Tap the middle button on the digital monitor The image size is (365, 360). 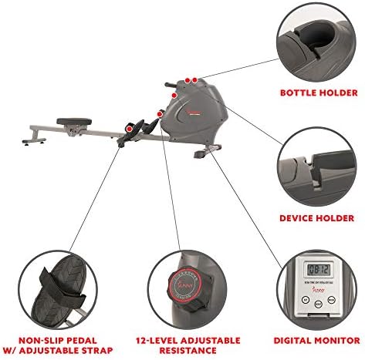[319, 304]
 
